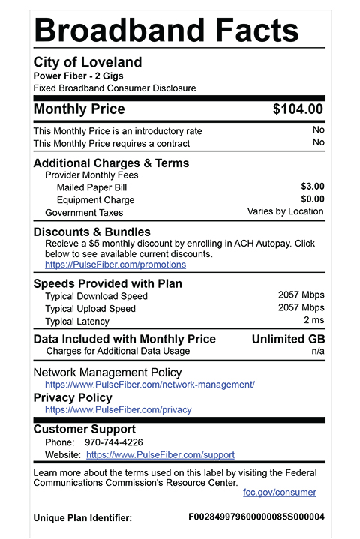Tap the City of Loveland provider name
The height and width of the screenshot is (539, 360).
(x=88, y=62)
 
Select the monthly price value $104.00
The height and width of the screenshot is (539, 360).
(x=298, y=109)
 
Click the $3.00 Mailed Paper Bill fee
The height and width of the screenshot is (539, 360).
(x=312, y=186)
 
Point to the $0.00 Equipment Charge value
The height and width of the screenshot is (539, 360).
(x=312, y=199)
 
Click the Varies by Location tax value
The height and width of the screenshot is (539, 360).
(x=285, y=212)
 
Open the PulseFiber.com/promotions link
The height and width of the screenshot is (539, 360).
(x=115, y=265)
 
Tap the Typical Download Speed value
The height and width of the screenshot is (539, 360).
(x=301, y=295)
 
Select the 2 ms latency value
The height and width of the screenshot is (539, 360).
(x=313, y=321)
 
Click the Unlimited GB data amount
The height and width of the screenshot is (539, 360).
(x=288, y=339)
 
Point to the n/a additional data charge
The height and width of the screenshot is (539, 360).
(x=317, y=351)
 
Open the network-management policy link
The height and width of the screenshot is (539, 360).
(x=150, y=385)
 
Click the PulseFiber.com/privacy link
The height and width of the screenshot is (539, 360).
(x=118, y=410)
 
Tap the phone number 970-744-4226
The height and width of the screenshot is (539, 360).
(x=113, y=442)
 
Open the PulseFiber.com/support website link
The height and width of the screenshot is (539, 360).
(x=160, y=455)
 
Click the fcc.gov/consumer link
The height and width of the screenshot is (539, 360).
(x=280, y=493)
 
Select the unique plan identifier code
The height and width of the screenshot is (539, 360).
(x=256, y=517)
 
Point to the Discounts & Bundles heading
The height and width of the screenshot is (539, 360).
(x=91, y=232)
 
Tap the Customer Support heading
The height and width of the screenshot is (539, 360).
(x=85, y=430)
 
